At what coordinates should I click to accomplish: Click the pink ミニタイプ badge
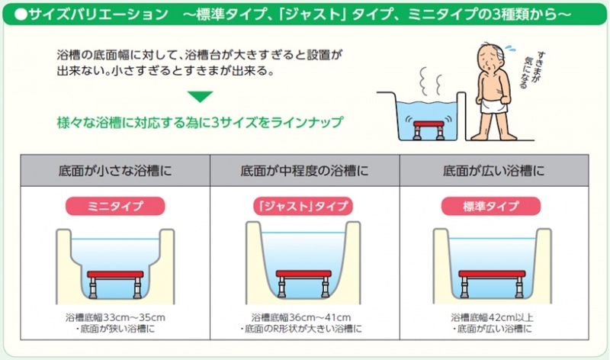(115, 206)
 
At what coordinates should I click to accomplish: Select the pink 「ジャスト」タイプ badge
(303, 206)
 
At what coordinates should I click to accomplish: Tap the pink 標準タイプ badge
(491, 206)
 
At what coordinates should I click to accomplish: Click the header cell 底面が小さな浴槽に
(115, 170)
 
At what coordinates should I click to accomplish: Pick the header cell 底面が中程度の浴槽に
(304, 170)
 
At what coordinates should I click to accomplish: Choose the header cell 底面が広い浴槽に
(494, 170)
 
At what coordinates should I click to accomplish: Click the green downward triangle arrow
(200, 96)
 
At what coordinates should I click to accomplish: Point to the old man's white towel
(493, 105)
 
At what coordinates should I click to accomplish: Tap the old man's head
(491, 56)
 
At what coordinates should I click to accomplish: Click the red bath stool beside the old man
(429, 130)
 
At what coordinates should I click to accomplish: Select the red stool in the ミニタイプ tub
(115, 284)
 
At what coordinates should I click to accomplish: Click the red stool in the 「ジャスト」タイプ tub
(303, 283)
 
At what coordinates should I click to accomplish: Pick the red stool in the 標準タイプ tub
(492, 283)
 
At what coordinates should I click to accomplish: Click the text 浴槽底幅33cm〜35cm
(115, 317)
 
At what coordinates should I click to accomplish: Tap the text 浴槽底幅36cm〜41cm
(301, 317)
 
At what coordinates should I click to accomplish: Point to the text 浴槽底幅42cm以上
(492, 317)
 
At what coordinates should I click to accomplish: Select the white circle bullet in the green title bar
(21, 14)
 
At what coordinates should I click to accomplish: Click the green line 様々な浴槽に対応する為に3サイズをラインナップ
(200, 122)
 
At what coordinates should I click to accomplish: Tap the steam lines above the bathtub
(431, 81)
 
